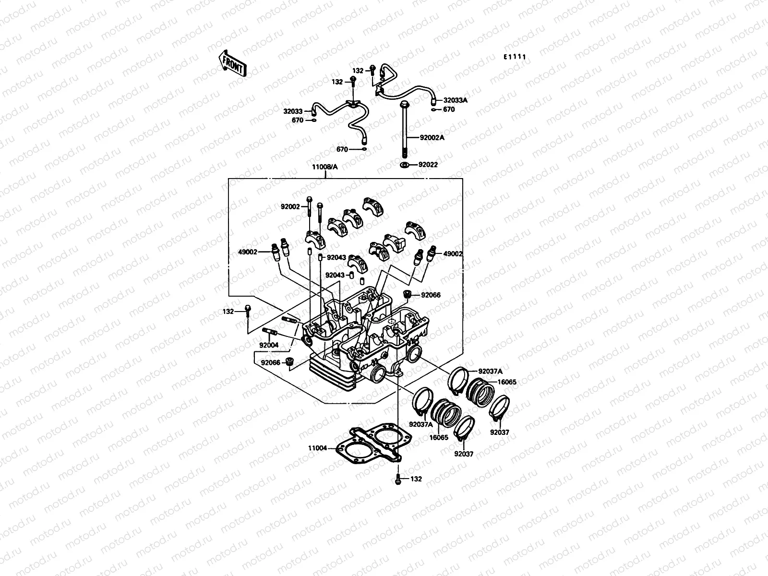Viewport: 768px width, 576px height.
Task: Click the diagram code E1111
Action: click(x=515, y=57)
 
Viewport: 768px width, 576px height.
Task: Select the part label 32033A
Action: click(x=455, y=101)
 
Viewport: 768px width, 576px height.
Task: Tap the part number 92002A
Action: click(x=432, y=137)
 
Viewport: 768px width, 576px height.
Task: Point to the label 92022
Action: click(x=428, y=165)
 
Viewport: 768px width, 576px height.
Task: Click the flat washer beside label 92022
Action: click(x=404, y=165)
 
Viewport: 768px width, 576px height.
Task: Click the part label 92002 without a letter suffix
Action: click(x=290, y=207)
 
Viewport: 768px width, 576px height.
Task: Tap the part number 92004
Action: click(x=269, y=345)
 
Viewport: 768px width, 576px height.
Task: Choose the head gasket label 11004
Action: click(x=318, y=448)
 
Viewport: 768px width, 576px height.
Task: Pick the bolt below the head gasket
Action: click(x=397, y=479)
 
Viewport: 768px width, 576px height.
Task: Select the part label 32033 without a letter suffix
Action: click(x=293, y=111)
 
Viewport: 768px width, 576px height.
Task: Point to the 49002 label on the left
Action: click(x=247, y=252)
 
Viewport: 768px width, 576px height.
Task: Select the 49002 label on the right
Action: click(x=453, y=253)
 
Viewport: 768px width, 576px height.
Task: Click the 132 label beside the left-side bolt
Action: click(x=228, y=312)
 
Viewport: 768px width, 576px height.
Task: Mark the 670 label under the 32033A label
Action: click(x=448, y=109)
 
